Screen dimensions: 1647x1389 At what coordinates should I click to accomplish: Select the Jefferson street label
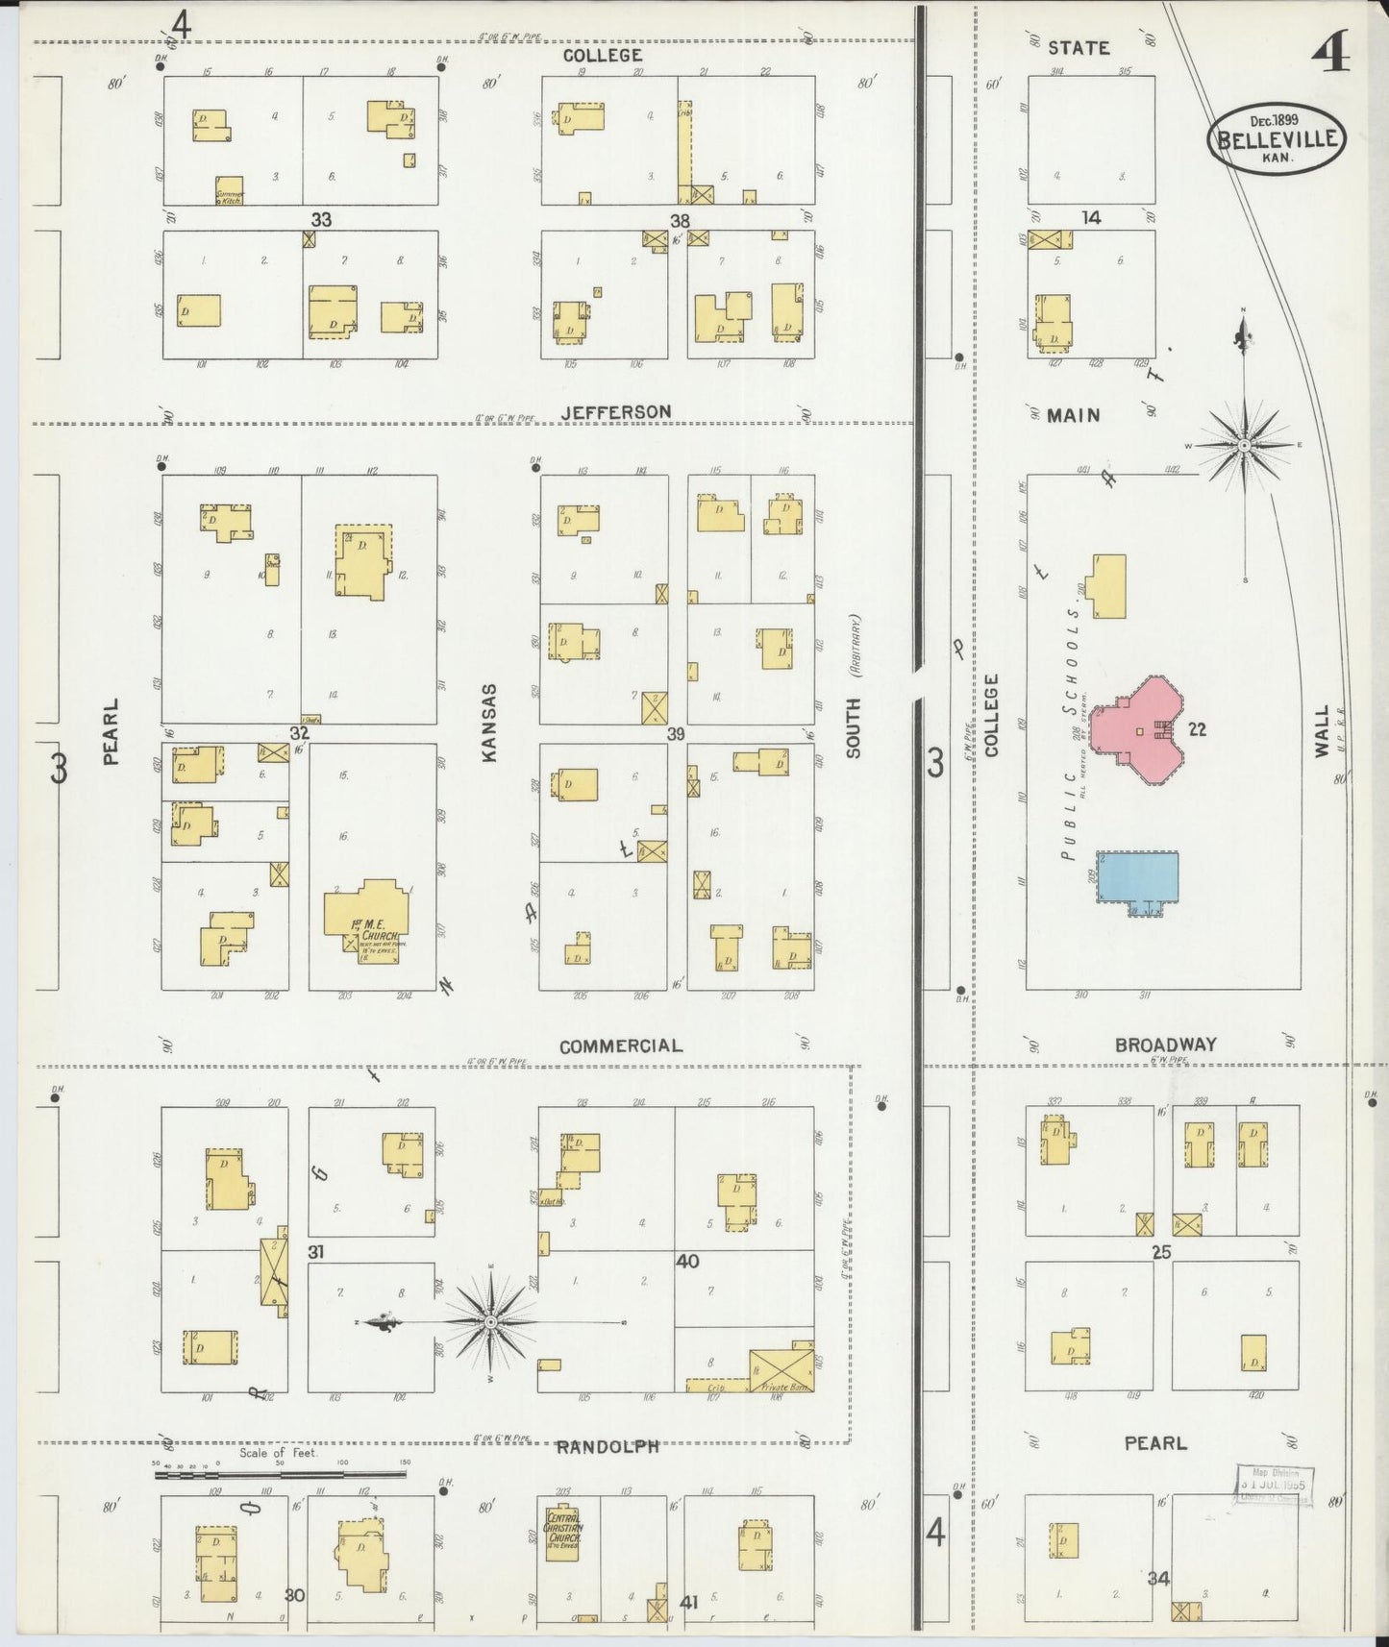(616, 412)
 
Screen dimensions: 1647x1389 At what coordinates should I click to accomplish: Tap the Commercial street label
(620, 1045)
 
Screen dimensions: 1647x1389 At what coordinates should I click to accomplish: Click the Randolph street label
(608, 1445)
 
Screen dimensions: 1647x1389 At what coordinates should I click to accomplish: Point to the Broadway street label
(1165, 1045)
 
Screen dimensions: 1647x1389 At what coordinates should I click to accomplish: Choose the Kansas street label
(489, 723)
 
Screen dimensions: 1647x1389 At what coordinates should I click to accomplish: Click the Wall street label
(1322, 730)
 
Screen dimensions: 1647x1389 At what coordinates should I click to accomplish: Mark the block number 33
(321, 220)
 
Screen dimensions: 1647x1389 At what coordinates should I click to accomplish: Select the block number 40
(686, 1261)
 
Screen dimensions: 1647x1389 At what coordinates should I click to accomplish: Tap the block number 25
(1162, 1251)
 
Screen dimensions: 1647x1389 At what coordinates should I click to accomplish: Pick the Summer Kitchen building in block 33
(229, 190)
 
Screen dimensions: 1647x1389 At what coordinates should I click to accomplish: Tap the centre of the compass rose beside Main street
(1244, 446)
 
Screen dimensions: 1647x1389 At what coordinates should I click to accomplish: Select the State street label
(1079, 48)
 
